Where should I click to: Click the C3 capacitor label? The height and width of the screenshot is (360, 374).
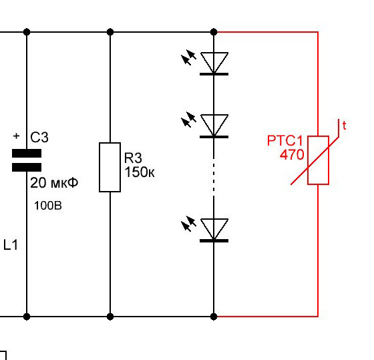39,137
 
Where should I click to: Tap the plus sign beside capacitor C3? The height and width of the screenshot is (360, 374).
16,136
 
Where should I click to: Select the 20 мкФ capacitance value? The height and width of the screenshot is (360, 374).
54,183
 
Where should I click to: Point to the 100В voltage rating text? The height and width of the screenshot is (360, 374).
48,206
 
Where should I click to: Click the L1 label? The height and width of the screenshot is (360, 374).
11,244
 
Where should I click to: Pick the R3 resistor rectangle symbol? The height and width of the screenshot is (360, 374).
110,167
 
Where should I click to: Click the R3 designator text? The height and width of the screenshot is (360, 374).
133,158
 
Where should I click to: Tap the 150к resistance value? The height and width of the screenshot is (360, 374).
140,172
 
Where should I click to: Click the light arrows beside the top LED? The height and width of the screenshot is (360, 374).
188,57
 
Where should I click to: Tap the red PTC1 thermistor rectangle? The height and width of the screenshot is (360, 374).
318,160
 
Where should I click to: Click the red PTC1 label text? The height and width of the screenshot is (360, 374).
285,140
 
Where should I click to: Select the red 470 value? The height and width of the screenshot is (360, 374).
292,154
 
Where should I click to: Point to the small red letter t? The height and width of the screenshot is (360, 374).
344,126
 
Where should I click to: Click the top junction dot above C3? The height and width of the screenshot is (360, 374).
27,32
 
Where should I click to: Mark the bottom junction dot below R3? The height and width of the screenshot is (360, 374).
110,317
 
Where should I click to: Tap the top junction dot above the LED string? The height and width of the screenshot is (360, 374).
214,32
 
